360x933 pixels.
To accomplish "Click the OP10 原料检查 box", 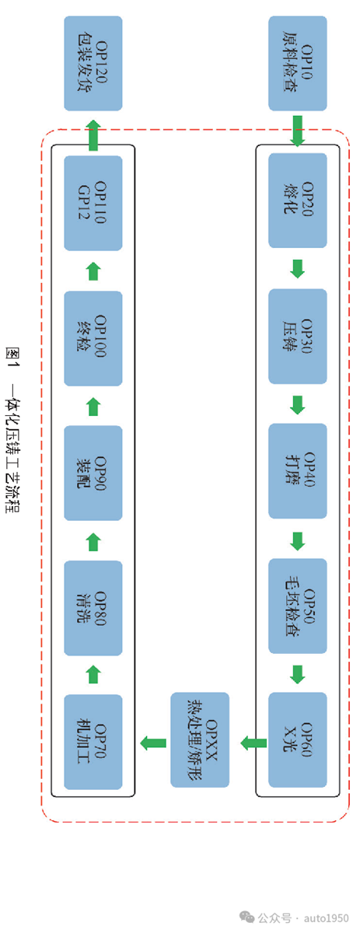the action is [298, 63].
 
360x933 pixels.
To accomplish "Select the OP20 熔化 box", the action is [298, 201].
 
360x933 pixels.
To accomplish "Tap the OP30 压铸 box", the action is [298, 337].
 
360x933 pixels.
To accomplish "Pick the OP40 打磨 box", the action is [298, 471].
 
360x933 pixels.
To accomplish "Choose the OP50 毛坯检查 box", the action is [298, 606].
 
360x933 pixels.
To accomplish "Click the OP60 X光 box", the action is [298, 740].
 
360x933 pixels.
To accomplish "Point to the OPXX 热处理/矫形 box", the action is [200, 740].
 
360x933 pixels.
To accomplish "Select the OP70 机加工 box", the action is [93, 742].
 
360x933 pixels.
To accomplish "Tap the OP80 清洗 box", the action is [93, 608].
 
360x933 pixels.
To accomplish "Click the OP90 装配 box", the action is [93, 473].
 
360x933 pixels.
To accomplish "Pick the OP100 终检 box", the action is [93, 338].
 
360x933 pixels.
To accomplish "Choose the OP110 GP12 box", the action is [93, 203].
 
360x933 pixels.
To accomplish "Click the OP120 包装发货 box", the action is [93, 63].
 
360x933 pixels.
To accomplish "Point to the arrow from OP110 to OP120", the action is [93, 135].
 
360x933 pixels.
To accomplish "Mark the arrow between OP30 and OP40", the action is [297, 405].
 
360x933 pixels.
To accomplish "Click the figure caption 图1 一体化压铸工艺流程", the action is [12, 429].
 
